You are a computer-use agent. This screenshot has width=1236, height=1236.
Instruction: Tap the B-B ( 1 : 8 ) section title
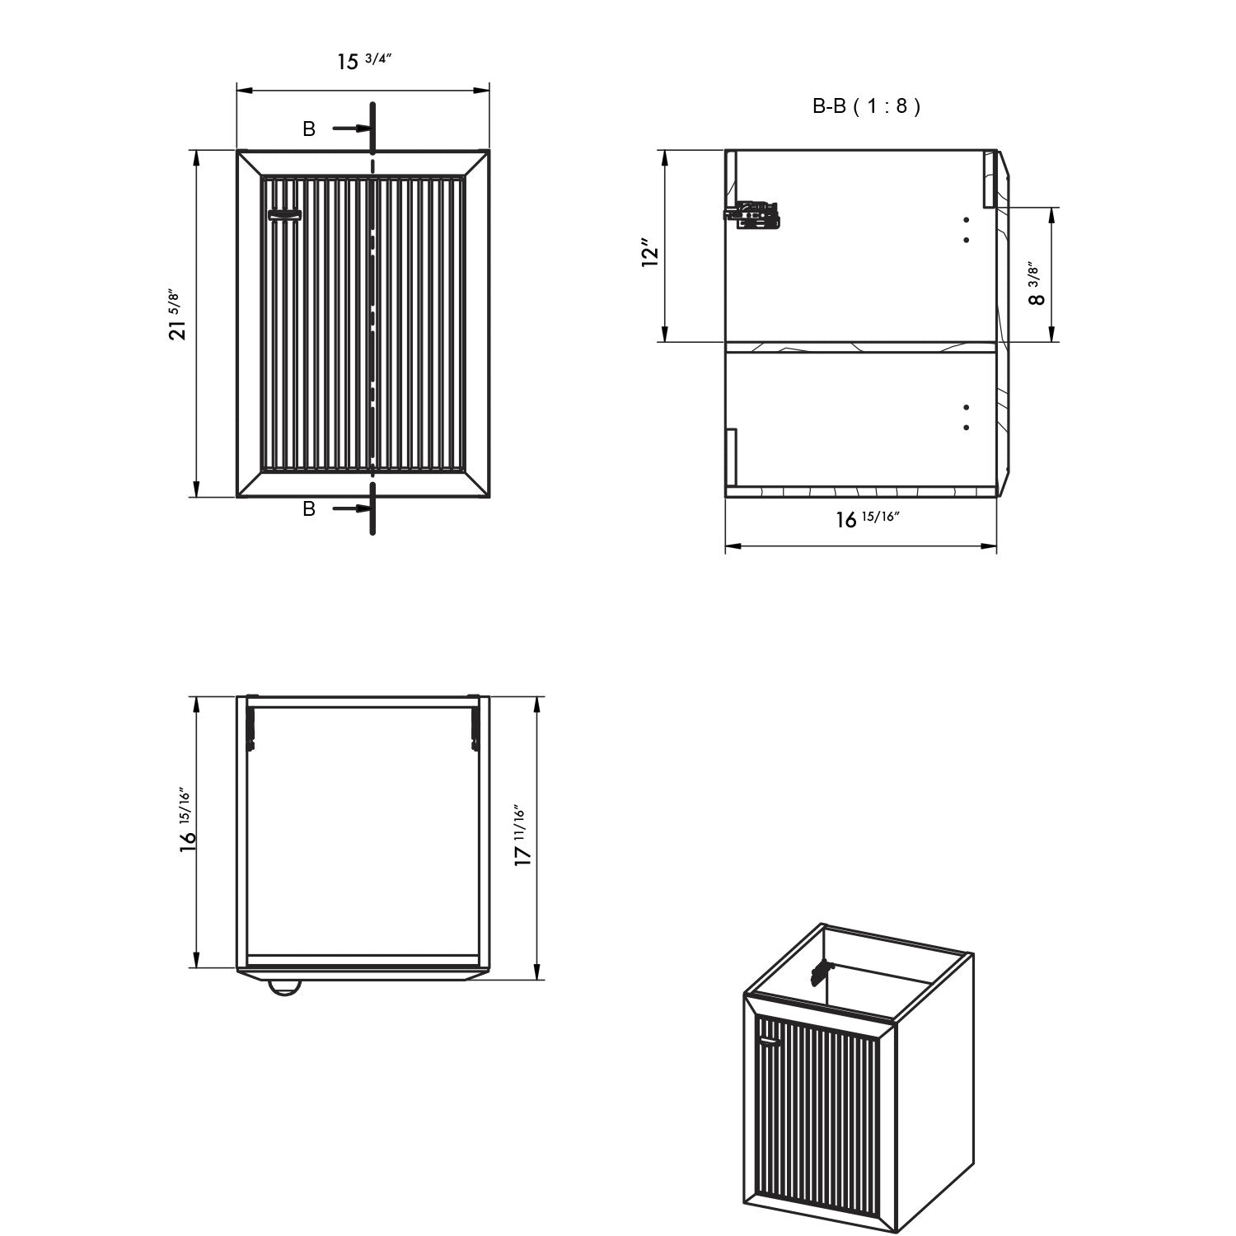[x=866, y=106]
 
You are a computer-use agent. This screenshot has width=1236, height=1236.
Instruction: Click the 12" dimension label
[x=652, y=253]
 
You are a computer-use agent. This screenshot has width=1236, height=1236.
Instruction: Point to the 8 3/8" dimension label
[x=1036, y=283]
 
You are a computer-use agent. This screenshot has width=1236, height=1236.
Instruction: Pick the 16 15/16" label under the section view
[x=868, y=519]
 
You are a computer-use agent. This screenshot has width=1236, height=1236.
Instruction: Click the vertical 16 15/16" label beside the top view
[x=188, y=819]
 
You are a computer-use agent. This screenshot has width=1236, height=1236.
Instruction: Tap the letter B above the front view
[x=309, y=129]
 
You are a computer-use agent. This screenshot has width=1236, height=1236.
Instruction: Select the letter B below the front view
[x=309, y=509]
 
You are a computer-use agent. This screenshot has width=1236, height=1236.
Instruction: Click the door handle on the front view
[x=285, y=215]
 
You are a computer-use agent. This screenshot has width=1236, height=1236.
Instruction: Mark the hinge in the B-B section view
[x=751, y=214]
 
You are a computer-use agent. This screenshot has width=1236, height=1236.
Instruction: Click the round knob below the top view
[x=284, y=987]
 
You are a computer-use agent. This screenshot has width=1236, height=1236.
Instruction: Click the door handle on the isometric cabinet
[x=770, y=1041]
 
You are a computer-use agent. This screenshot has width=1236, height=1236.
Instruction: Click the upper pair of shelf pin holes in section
[x=966, y=230]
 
